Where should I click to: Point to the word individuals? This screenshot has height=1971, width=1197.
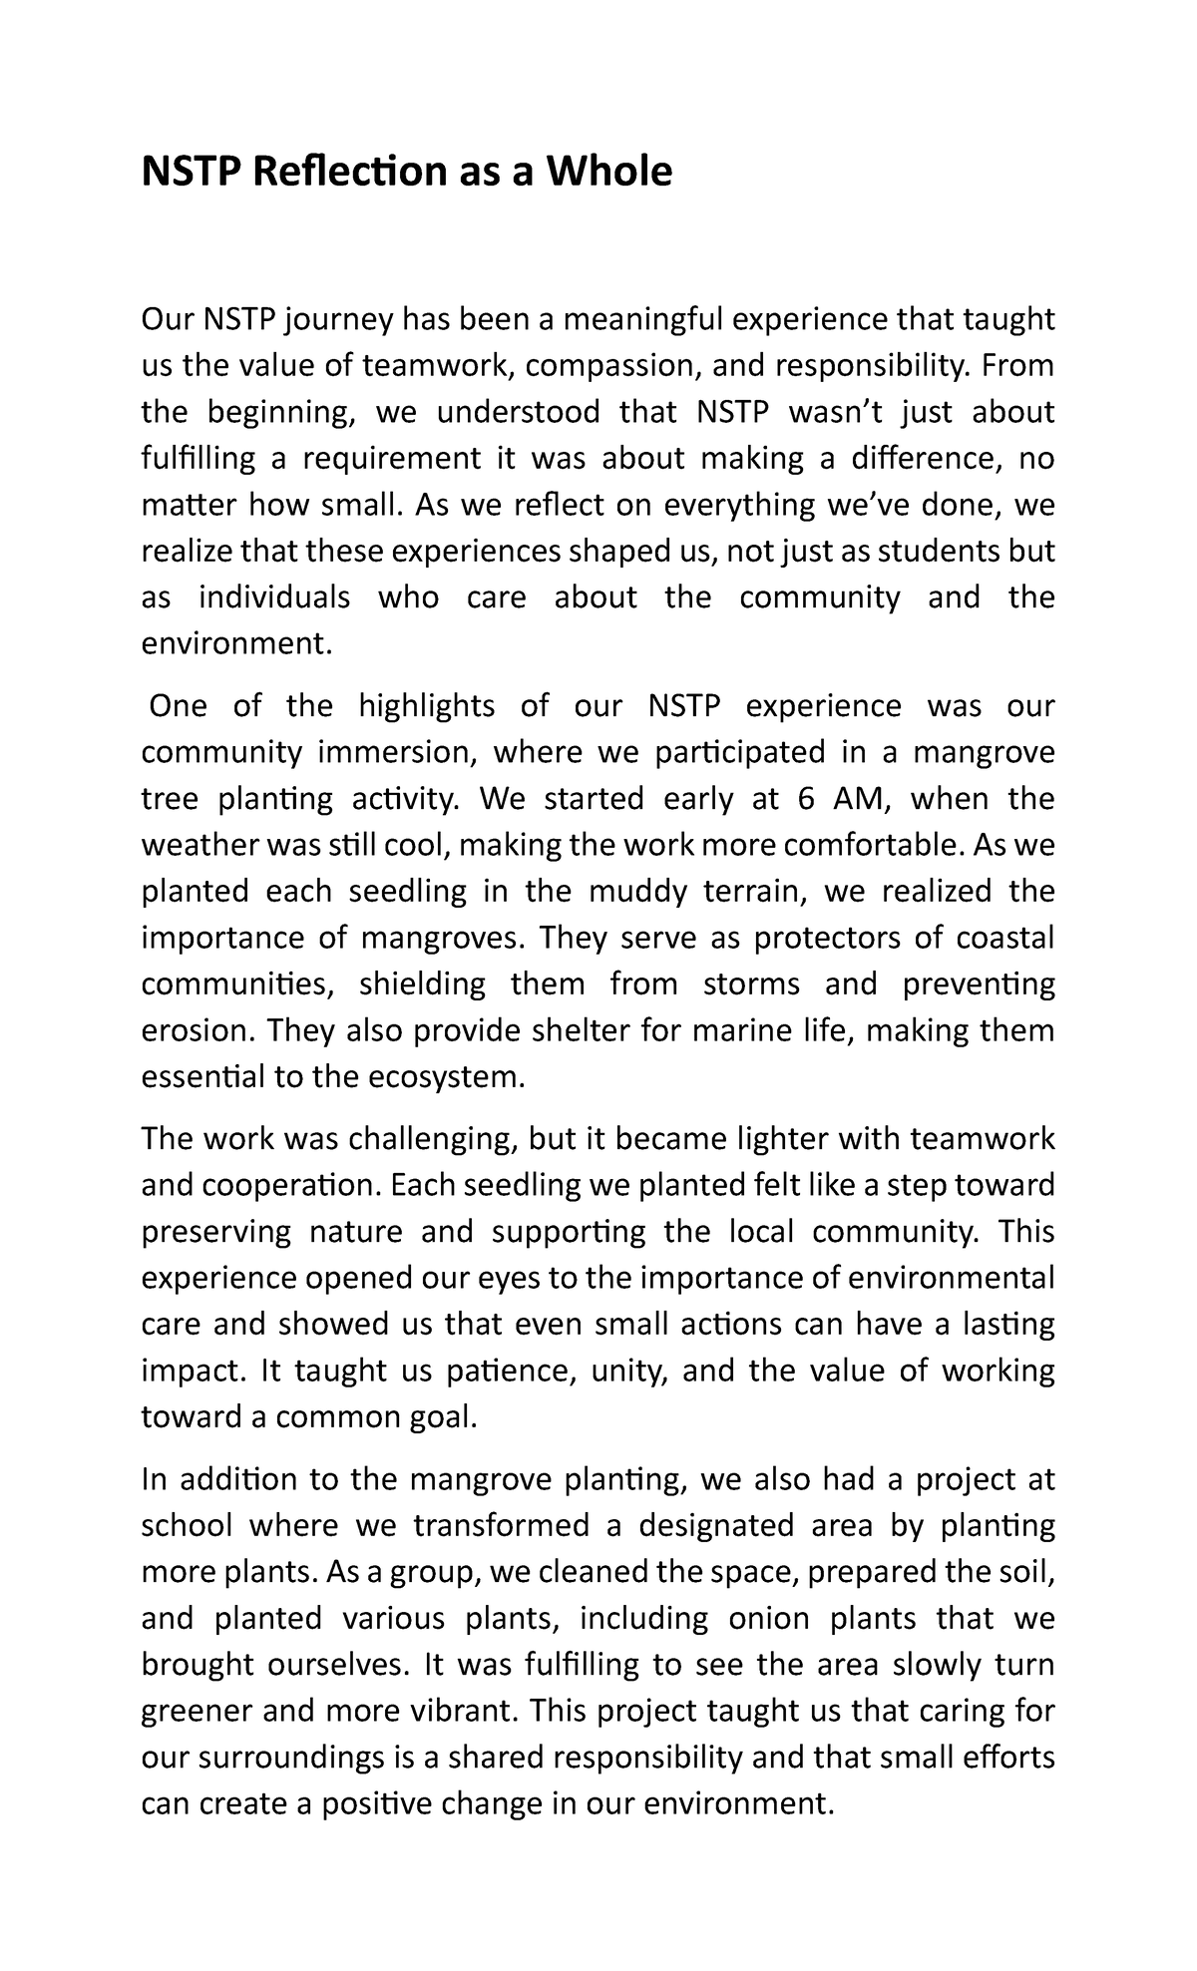pyautogui.click(x=274, y=596)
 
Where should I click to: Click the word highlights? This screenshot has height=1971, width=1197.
pyautogui.click(x=426, y=706)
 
